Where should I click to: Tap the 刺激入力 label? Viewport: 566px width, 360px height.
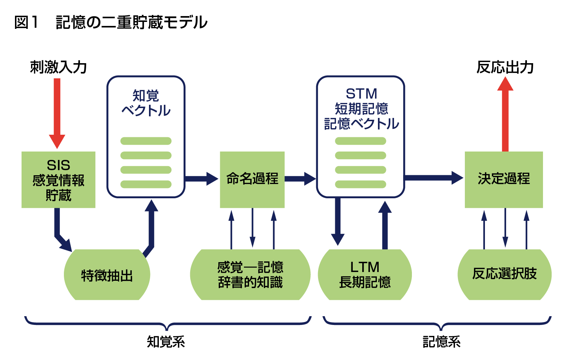(58, 67)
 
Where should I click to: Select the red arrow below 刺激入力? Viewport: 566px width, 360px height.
(57, 114)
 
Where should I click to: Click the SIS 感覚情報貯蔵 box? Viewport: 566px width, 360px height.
(58, 180)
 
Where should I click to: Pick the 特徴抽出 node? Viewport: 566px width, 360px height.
(107, 275)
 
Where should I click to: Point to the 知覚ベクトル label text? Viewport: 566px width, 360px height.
(146, 103)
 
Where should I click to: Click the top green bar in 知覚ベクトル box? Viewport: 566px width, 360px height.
(146, 141)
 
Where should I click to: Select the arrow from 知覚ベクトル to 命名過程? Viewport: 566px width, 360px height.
(202, 179)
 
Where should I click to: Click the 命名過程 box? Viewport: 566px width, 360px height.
(252, 180)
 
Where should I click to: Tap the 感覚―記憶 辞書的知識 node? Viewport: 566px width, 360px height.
(250, 275)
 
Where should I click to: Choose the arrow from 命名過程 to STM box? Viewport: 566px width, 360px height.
(300, 179)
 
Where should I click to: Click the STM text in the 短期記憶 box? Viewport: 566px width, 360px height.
(362, 94)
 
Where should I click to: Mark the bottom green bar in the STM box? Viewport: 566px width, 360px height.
(360, 184)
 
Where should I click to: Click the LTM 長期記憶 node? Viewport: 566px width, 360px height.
(365, 275)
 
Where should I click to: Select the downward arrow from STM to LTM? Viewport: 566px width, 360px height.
(338, 222)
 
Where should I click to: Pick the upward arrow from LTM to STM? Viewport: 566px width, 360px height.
(385, 225)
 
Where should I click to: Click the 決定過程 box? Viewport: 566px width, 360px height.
(504, 180)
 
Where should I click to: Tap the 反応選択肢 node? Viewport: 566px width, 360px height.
(505, 275)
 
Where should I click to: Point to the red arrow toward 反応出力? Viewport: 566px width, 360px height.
(505, 114)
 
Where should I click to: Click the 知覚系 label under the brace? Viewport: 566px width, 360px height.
(166, 342)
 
